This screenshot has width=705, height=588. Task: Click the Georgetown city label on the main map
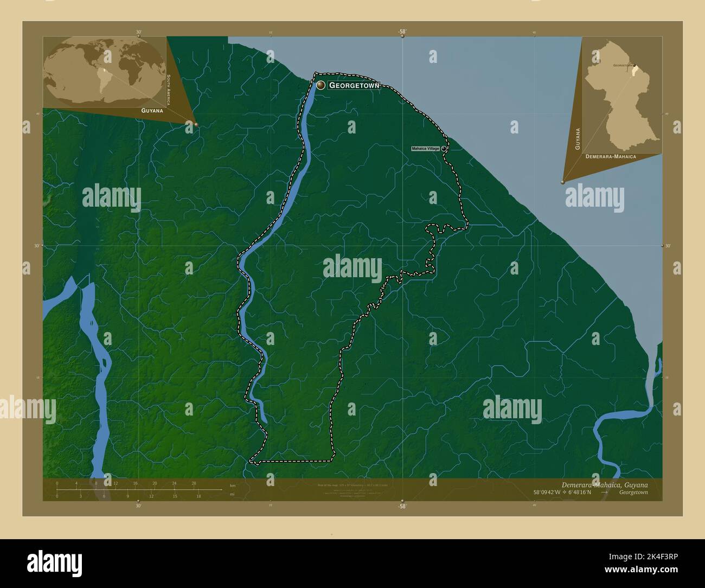coord(354,85)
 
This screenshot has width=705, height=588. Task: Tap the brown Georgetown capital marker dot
coord(321,85)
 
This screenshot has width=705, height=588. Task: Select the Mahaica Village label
coord(425,148)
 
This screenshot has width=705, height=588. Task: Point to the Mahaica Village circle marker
coord(444,148)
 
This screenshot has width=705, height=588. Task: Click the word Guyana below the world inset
coord(152,110)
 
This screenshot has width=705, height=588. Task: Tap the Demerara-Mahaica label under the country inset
coord(611,156)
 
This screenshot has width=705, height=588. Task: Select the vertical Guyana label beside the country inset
coord(578,139)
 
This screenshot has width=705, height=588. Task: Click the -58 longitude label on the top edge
coord(401,31)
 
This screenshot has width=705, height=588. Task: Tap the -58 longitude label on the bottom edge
coord(401,506)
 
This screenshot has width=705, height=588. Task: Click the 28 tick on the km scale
coord(194,483)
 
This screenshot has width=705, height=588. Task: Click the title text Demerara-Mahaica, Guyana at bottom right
coord(604,484)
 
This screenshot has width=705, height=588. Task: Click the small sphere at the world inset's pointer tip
coord(196,125)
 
